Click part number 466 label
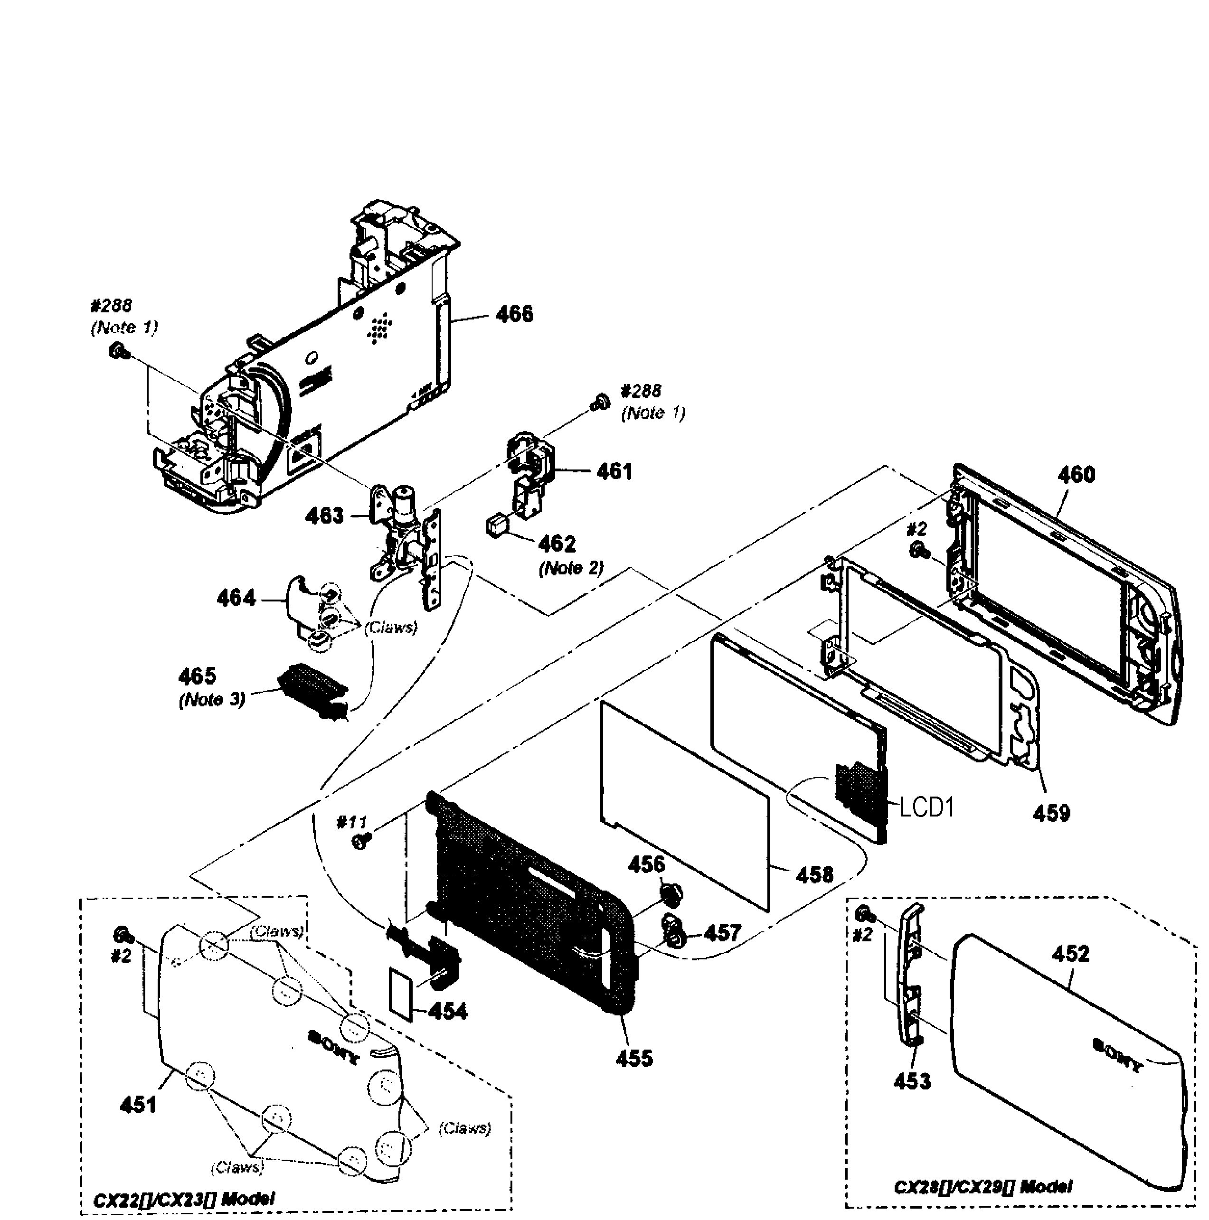pyautogui.click(x=514, y=314)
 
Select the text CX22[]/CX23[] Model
pyautogui.click(x=184, y=1199)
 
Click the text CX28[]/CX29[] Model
pyautogui.click(x=983, y=1186)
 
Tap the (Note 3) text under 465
pyautogui.click(x=212, y=700)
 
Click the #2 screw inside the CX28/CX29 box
pyautogui.click(x=863, y=914)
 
